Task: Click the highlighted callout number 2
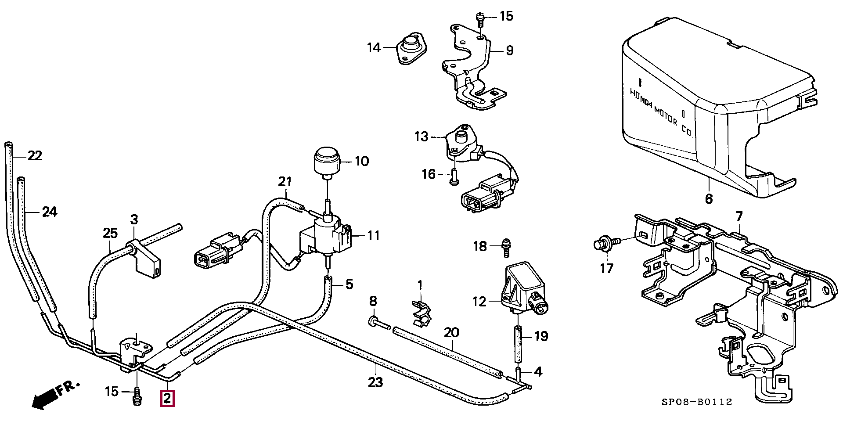(167, 399)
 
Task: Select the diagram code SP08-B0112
(697, 402)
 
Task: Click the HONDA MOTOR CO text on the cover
(661, 112)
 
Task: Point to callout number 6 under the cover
(709, 199)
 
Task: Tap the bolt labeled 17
(606, 243)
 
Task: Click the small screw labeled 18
(506, 247)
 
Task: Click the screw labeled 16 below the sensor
(454, 178)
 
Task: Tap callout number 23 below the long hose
(375, 382)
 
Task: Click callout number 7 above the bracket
(739, 216)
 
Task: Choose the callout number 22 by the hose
(35, 155)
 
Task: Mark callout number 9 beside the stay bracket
(509, 50)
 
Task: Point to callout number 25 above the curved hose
(110, 233)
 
